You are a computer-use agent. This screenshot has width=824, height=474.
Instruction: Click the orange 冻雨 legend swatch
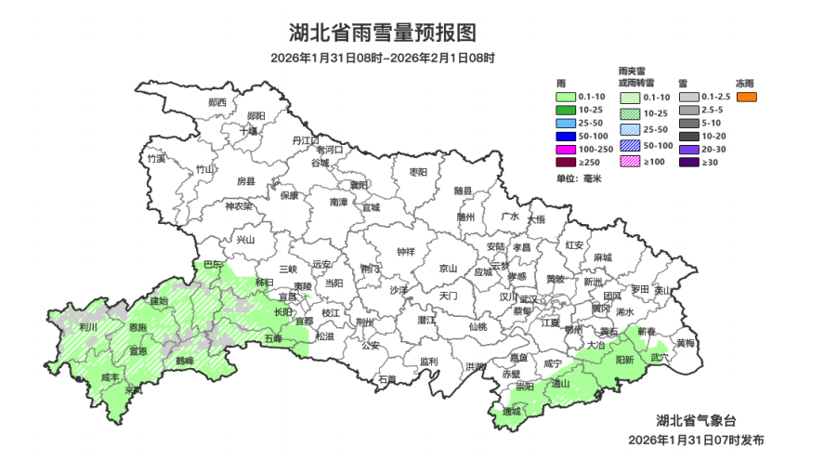pos(746,97)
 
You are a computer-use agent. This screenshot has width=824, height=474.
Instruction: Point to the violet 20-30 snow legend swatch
pos(687,150)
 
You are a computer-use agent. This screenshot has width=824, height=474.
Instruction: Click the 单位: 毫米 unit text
pos(579,178)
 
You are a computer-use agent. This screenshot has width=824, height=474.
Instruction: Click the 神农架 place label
pos(239,206)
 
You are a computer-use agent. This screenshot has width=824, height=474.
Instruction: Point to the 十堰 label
pos(248,131)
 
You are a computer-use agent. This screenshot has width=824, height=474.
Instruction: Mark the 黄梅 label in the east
pos(685,343)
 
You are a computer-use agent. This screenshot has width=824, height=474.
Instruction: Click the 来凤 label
pos(134,389)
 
